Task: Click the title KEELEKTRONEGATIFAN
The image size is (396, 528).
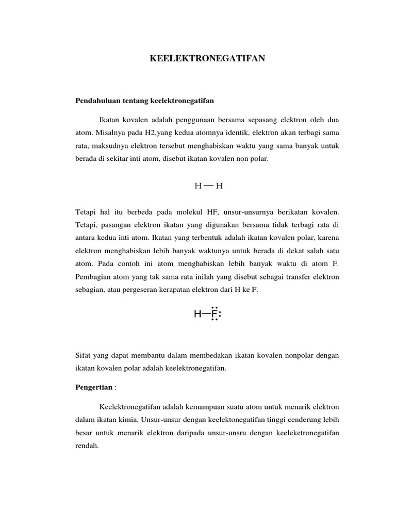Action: (x=207, y=59)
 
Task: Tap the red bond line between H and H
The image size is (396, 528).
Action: (x=208, y=186)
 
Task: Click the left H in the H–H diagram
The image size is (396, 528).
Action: (x=198, y=186)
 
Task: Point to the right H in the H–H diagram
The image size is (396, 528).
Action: (x=219, y=186)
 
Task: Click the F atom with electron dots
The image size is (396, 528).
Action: (x=214, y=314)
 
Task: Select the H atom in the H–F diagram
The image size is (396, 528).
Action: (x=198, y=314)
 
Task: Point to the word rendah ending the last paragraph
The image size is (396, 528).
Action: (x=87, y=445)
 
